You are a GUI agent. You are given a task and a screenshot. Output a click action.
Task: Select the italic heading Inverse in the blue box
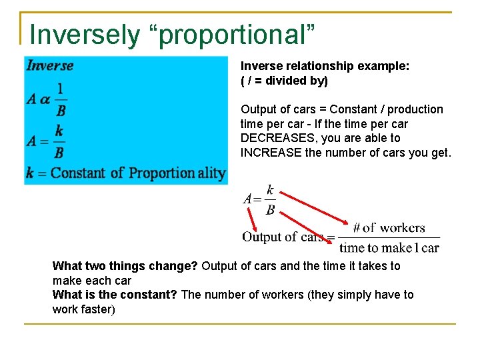click(x=50, y=65)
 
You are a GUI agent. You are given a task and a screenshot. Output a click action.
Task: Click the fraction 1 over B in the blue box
click(x=61, y=99)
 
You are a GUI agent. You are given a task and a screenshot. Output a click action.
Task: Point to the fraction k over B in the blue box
click(x=59, y=141)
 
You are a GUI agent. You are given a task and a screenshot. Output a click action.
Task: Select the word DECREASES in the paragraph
click(x=271, y=138)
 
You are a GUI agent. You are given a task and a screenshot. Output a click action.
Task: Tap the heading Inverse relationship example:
click(x=325, y=66)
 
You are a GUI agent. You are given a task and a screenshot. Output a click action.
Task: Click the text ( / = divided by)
click(x=284, y=81)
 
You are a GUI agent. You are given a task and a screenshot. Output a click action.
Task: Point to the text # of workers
click(x=389, y=228)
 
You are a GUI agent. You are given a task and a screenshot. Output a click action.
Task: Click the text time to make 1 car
click(x=389, y=248)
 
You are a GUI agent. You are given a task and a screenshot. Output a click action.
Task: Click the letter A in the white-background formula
click(x=248, y=199)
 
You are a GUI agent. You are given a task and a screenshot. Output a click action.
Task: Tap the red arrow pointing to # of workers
click(x=313, y=207)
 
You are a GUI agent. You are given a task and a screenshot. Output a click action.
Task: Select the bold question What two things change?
click(x=125, y=266)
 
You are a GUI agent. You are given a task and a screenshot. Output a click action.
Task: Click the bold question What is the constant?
click(x=115, y=295)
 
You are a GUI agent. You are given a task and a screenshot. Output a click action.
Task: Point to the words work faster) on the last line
click(x=83, y=309)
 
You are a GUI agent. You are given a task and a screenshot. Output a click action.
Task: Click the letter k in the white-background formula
click(x=270, y=191)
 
